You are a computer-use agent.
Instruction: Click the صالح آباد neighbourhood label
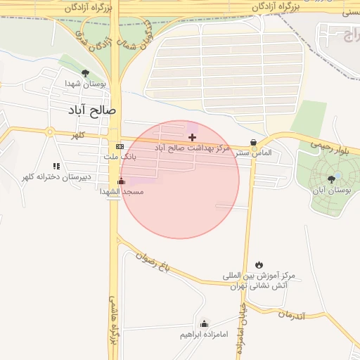point(91,111)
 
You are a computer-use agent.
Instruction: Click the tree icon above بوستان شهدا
point(85,72)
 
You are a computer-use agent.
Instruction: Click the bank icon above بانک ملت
point(120,146)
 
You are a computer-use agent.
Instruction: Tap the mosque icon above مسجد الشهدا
point(121,181)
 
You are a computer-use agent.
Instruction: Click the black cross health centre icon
point(193,137)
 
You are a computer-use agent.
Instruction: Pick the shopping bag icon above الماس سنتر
point(253,142)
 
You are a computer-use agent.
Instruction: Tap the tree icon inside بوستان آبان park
point(331,179)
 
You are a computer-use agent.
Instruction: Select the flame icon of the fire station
point(259,264)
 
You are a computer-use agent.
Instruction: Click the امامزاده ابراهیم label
point(204,334)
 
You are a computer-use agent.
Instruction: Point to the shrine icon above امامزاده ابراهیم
point(204,323)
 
